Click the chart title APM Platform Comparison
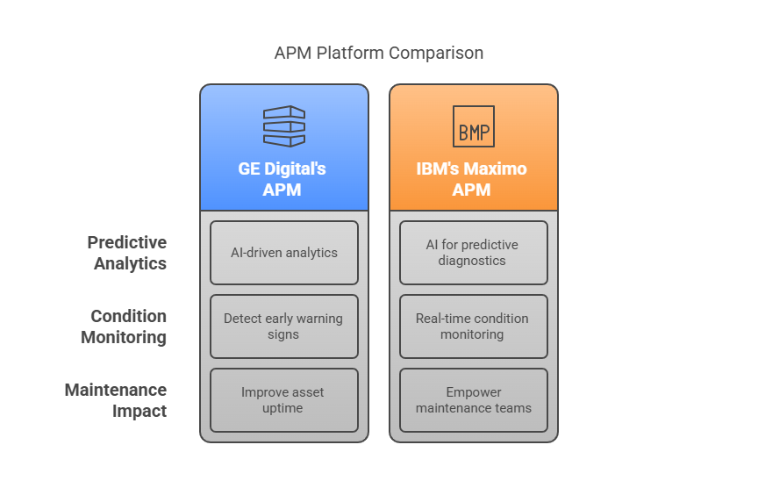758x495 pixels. click(378, 53)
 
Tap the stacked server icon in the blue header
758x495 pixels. click(284, 126)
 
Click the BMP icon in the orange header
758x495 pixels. click(474, 126)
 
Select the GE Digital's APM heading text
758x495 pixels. click(282, 178)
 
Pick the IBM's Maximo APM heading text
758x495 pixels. click(472, 178)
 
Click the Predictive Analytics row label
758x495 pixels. click(126, 253)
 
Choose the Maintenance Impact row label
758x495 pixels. click(116, 400)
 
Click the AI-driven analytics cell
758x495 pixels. click(284, 253)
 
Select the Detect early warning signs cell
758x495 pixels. click(284, 326)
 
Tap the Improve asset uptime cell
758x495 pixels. click(284, 400)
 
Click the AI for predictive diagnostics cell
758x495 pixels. click(474, 253)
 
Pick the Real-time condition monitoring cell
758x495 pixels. click(474, 326)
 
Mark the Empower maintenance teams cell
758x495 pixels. click(474, 400)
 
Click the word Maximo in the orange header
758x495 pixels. click(496, 169)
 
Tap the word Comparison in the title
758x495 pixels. click(436, 53)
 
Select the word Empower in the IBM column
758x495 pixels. click(474, 392)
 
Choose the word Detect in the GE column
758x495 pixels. click(242, 319)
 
